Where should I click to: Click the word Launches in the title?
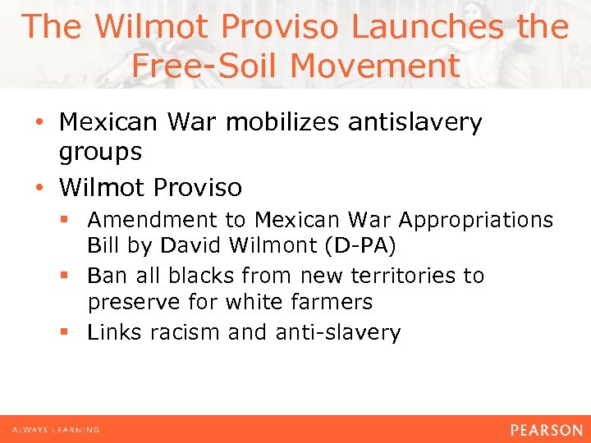(x=427, y=27)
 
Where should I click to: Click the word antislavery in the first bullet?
(x=415, y=123)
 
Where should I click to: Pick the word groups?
(x=100, y=152)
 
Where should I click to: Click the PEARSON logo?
(x=546, y=430)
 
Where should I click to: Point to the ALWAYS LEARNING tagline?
(x=56, y=430)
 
